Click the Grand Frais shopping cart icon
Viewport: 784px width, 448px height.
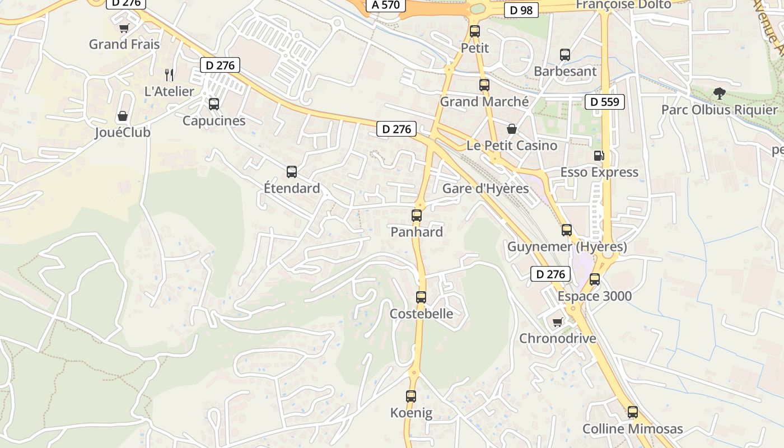click(124, 28)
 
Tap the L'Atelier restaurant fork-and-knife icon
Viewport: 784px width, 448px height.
click(169, 74)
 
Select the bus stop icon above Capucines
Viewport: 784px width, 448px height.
click(214, 104)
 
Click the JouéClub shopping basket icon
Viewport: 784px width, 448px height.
click(123, 116)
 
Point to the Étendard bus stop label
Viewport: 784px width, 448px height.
click(292, 188)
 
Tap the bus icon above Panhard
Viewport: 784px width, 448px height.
click(416, 215)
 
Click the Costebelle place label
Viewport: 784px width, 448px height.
click(421, 314)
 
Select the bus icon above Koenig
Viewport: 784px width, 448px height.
click(411, 396)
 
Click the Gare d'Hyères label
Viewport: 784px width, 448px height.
click(486, 188)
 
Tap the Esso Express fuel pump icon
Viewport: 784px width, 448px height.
click(599, 156)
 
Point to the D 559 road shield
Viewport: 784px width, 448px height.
click(604, 102)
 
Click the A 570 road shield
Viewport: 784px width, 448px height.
click(386, 5)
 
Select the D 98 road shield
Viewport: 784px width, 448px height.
click(521, 10)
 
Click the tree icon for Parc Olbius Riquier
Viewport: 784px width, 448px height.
click(720, 94)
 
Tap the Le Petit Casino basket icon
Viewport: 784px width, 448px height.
click(512, 129)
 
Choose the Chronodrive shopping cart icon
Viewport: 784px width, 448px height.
click(558, 322)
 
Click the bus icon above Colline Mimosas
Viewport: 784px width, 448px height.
click(633, 412)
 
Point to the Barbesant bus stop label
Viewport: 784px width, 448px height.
click(565, 72)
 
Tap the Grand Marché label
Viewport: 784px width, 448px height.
click(484, 102)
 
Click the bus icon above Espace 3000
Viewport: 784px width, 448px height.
click(595, 279)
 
